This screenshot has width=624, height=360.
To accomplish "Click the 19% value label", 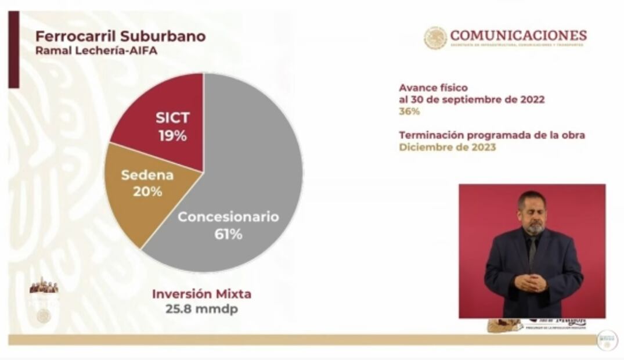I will [x=172, y=136].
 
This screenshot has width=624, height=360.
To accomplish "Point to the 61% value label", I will [x=228, y=235].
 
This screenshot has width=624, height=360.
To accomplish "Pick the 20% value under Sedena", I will [x=147, y=191].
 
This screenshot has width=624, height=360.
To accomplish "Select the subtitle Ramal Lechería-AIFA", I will [x=96, y=51].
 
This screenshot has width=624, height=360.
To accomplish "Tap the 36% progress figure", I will [x=409, y=111].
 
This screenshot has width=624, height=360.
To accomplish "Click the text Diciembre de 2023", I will [x=447, y=147].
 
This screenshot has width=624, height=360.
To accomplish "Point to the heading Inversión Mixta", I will [x=201, y=294].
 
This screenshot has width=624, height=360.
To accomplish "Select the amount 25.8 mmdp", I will [x=201, y=309].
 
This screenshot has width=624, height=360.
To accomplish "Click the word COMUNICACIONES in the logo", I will [x=518, y=35].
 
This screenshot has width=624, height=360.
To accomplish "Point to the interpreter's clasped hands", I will [x=531, y=283].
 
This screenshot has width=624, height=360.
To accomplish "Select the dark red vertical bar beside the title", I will [x=13, y=49].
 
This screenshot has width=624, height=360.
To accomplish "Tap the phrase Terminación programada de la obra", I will [x=492, y=135].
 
